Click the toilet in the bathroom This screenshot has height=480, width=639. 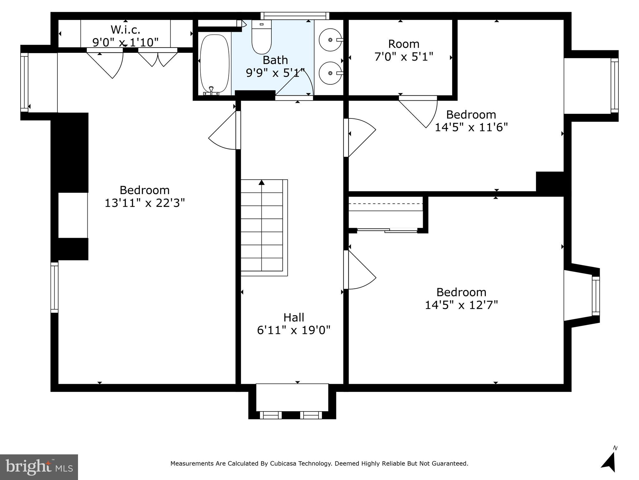(261, 37)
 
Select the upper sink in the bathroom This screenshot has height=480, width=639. (330, 40)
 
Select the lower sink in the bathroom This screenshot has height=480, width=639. (330, 73)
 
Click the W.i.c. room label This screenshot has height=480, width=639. (125, 30)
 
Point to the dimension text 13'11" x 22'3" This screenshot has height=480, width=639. (144, 203)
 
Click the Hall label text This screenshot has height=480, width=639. (294, 317)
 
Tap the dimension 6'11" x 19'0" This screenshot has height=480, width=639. (294, 330)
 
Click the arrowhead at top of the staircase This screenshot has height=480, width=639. (261, 182)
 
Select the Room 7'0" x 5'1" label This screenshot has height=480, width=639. (403, 50)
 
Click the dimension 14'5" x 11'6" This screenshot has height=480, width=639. (471, 127)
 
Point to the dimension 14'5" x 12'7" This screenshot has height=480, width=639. (461, 305)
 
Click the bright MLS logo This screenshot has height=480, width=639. (39, 467)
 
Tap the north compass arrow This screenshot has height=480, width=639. (609, 462)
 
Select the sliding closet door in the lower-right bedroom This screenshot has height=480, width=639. (387, 231)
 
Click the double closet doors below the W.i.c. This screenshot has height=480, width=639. (158, 58)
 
